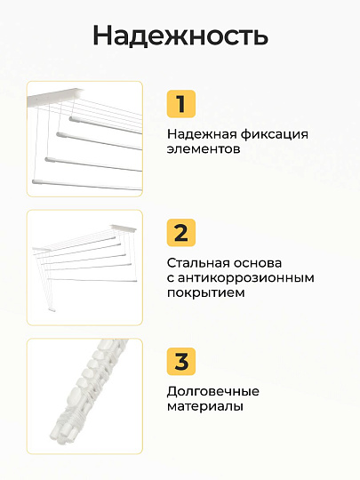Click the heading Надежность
(x=180, y=36)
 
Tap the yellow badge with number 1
(x=181, y=104)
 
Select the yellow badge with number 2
(x=181, y=232)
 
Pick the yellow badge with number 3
(x=181, y=361)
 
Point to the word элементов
(x=204, y=149)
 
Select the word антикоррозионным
(x=246, y=278)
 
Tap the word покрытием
(x=205, y=293)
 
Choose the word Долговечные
(x=213, y=392)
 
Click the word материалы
(x=205, y=407)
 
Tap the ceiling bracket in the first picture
(x=54, y=97)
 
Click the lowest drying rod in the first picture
(x=87, y=185)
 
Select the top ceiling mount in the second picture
(x=124, y=228)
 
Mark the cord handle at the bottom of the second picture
(x=52, y=310)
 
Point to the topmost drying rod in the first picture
(x=105, y=125)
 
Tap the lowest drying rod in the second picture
(x=92, y=280)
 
